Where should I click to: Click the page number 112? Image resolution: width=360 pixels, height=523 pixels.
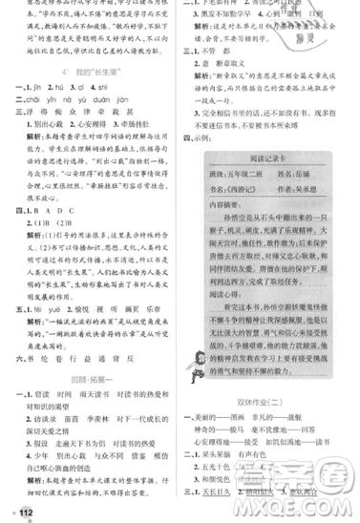pyautogui.click(x=15, y=508)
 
